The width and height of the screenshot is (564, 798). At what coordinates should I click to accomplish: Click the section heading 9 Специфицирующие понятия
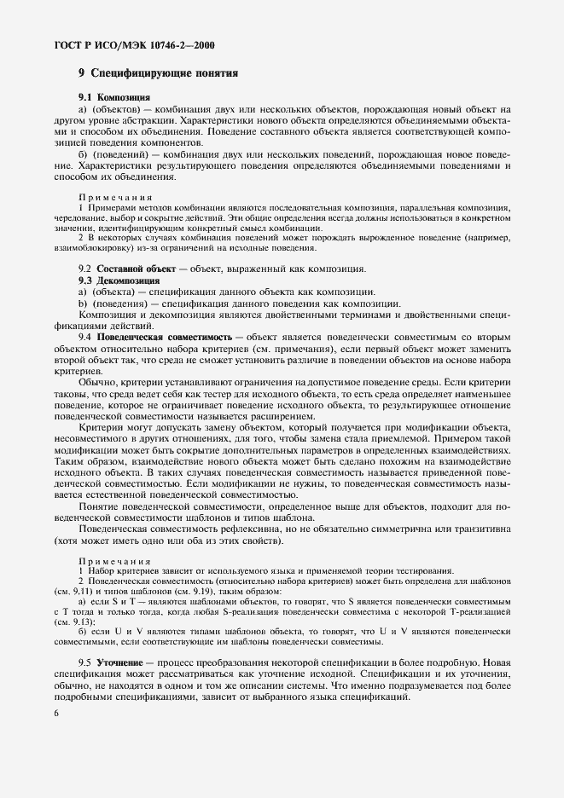tap(158, 74)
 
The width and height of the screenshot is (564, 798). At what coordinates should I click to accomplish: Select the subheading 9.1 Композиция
tap(115, 98)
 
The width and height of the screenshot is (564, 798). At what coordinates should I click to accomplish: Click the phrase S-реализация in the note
tap(231, 611)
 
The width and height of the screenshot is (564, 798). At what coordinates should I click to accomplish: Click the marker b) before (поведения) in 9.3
tap(83, 304)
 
